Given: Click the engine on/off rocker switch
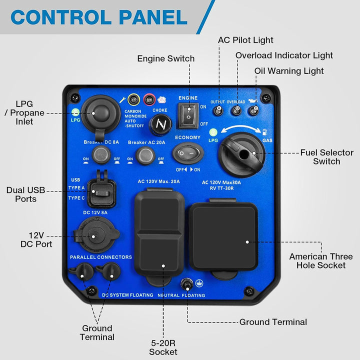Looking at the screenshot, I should coord(189,114).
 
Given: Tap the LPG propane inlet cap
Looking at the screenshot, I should coord(95,114).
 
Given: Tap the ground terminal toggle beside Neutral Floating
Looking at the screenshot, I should coord(186,285).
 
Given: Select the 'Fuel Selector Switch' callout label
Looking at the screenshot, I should coord(326,157).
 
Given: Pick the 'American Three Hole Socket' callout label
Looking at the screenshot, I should coord(320,260).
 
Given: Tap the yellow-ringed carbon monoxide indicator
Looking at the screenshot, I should coord(133,98).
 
